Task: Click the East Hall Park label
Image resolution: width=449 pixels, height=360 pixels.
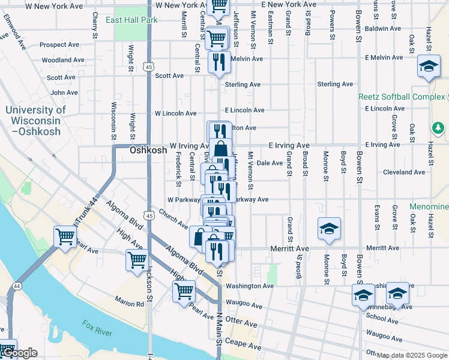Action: tap(131, 20)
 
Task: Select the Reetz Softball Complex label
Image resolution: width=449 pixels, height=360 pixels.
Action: tap(402, 97)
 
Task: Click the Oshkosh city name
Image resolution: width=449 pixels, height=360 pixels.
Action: tap(148, 151)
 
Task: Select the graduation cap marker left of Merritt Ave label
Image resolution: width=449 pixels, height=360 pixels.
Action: tap(329, 229)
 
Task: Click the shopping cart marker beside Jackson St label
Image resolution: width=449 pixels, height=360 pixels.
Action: tap(137, 260)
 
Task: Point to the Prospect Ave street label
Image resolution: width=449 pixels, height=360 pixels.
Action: tap(59, 45)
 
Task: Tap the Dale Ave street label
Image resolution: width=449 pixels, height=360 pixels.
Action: tap(270, 163)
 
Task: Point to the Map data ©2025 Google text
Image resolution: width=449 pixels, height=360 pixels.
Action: tap(411, 355)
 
